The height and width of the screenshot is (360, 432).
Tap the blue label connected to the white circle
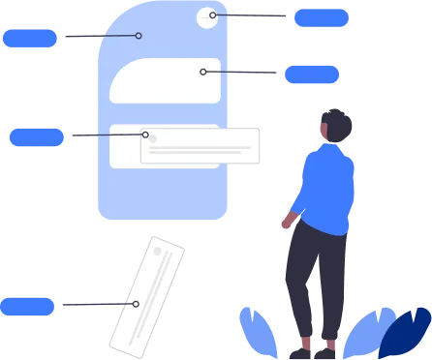point(321,17)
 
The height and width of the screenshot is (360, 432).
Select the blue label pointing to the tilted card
point(27,306)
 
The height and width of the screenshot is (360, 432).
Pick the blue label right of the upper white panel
point(311,74)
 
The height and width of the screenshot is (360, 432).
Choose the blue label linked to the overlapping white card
point(36,136)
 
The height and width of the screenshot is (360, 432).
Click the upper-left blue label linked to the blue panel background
point(30,38)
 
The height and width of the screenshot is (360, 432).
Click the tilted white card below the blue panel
point(147,294)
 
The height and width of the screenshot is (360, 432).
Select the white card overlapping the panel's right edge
point(201,147)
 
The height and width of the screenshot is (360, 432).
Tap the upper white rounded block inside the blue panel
point(165,80)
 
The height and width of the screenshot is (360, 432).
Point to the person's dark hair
point(336,122)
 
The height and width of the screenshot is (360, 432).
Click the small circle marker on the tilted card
point(136,304)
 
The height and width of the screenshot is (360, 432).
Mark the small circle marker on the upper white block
point(203,72)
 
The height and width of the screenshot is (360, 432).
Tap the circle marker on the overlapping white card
point(145,135)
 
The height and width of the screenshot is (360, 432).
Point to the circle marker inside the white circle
point(213,15)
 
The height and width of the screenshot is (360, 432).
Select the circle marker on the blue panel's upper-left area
point(139,36)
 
